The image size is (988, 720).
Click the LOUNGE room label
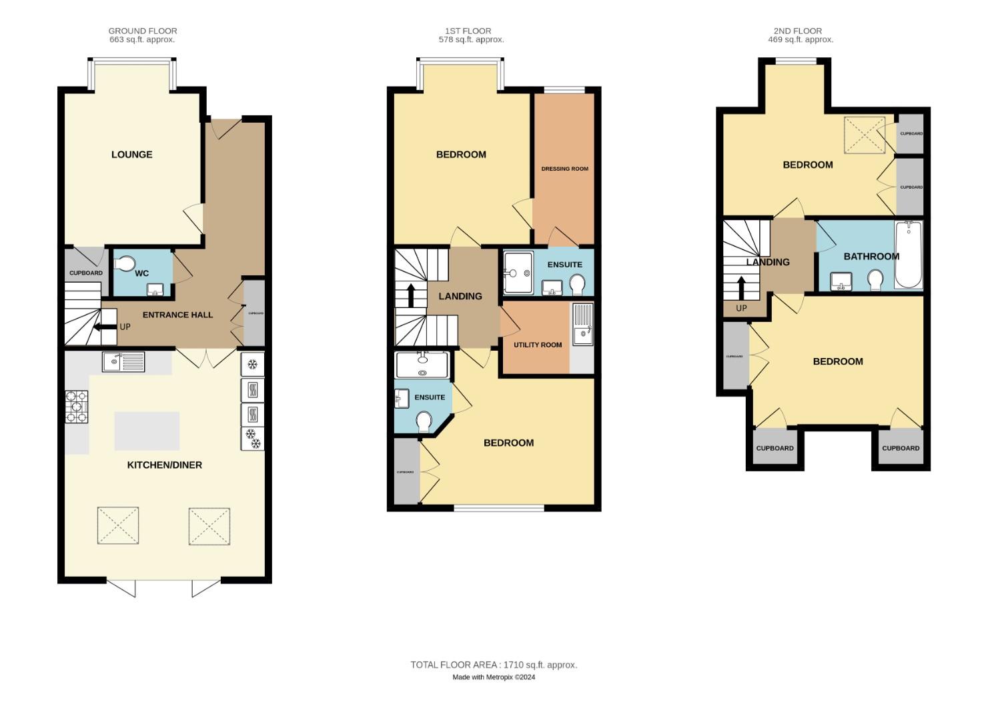(x=131, y=155)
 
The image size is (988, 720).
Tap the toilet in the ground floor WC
(x=124, y=265)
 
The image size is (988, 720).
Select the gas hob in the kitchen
(x=76, y=407)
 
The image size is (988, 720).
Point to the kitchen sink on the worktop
(x=123, y=362)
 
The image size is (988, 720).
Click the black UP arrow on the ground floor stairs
(x=105, y=327)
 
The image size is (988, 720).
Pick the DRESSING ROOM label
(x=564, y=169)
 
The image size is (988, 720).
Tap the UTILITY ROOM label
(x=537, y=345)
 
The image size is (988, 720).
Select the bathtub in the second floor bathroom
(x=908, y=255)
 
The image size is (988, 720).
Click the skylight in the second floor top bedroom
(x=865, y=136)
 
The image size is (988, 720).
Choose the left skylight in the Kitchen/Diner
(x=118, y=525)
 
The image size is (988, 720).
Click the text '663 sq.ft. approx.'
(x=142, y=40)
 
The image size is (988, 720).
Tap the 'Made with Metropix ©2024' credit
(x=494, y=677)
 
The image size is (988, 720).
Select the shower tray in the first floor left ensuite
(x=422, y=365)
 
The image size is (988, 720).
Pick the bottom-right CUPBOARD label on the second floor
(x=901, y=448)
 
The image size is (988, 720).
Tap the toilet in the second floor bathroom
(x=876, y=280)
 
